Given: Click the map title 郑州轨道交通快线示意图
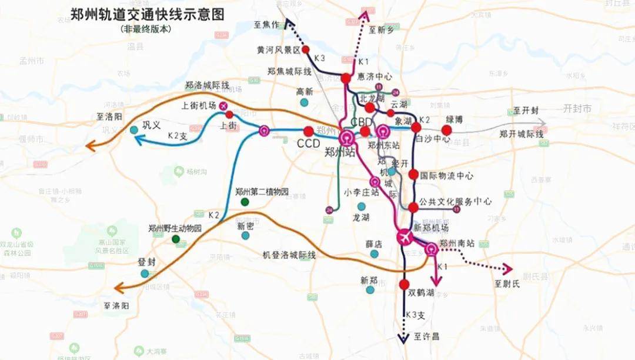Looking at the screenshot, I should pos(147,14).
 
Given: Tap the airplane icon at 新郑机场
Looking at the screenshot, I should pos(405,237).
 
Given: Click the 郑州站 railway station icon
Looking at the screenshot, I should pos(347,138).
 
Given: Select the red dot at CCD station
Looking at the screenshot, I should pos(308,131).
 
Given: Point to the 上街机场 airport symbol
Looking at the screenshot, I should pos(223,105).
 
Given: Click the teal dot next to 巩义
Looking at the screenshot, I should pos(134,129).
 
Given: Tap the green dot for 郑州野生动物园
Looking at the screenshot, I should pos(175,239).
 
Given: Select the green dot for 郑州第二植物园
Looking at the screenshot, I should pos(245,202).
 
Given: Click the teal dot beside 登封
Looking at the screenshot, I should pos(145,274).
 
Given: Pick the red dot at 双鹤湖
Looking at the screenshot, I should pos(404,285).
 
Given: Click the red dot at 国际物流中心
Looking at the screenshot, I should pos(413,174).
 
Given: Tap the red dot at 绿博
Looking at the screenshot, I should pos(446,130).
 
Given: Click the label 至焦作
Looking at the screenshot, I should pos(265,25).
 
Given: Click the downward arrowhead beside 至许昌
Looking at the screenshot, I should pos(403,338).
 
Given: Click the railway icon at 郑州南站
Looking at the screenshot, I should pos(432,249).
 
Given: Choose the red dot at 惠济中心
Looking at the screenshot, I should pos(346,78).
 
